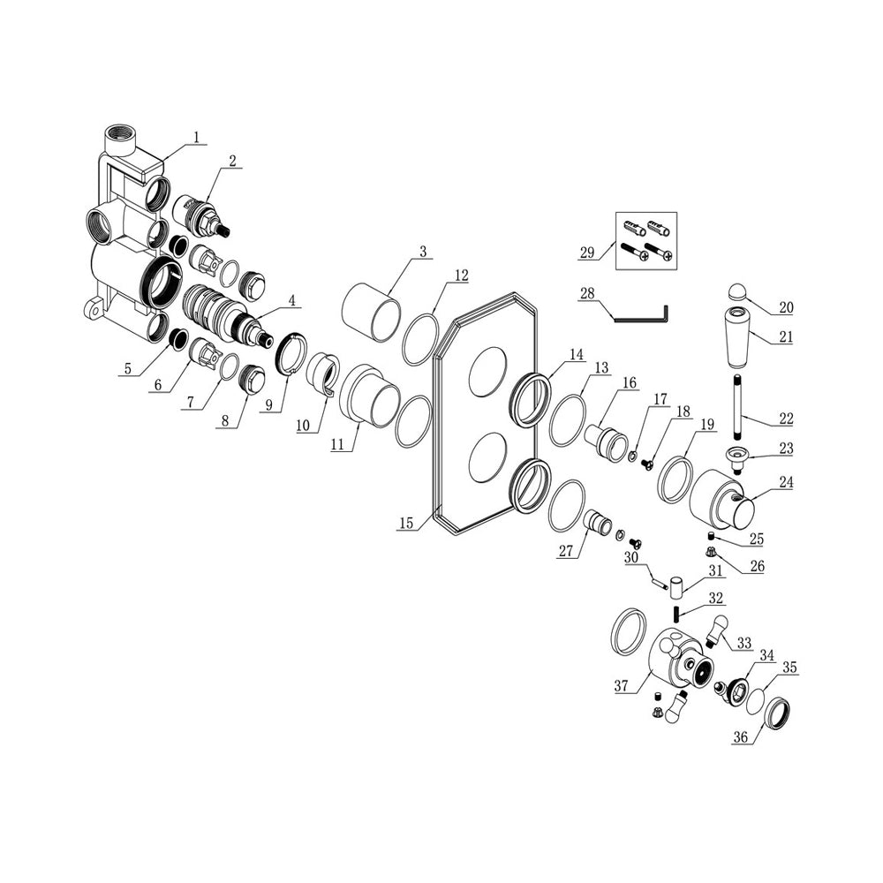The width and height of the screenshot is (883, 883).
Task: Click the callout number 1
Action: [x=197, y=137]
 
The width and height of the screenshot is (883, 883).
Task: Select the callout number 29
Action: [x=587, y=253]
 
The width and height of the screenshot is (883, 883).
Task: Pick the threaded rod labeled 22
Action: [x=739, y=406]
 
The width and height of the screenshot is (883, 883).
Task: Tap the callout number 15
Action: [x=406, y=523]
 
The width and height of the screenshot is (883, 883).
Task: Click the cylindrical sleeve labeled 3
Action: [x=372, y=312]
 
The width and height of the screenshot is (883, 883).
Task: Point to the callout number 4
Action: [x=291, y=300]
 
